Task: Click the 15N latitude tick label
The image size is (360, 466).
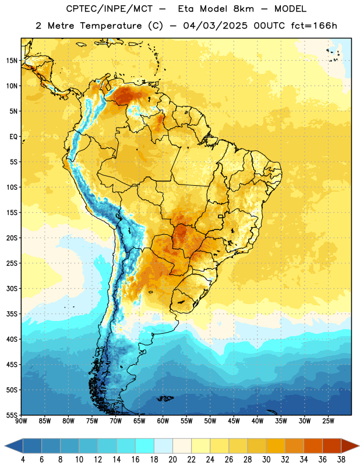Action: tap(12, 61)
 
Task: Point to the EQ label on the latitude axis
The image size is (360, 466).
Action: tap(13, 137)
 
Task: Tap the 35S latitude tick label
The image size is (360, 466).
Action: tap(12, 314)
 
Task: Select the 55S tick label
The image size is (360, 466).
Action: tap(12, 415)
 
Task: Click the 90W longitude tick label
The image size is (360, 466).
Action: tap(21, 421)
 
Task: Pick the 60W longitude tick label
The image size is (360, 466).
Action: tap(163, 421)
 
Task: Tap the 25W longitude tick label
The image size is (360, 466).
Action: tap(328, 421)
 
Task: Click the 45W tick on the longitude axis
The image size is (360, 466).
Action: tap(234, 421)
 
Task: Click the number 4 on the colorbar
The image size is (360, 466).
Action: tap(23, 460)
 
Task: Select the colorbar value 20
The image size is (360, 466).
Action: tap(172, 460)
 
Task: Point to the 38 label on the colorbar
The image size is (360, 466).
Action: tap(341, 460)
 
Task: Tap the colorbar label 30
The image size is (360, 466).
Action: tap(266, 460)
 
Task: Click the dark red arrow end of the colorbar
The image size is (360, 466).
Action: tap(350, 446)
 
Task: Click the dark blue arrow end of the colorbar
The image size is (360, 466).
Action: tap(14, 446)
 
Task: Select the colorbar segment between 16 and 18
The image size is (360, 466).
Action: tap(145, 446)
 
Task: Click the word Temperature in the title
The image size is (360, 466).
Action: tap(111, 26)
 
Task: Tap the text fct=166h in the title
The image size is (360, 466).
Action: tap(314, 26)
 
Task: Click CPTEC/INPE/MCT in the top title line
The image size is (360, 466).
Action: tap(110, 9)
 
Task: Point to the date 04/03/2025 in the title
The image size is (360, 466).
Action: tap(215, 26)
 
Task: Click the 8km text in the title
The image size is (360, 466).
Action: tap(243, 9)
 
